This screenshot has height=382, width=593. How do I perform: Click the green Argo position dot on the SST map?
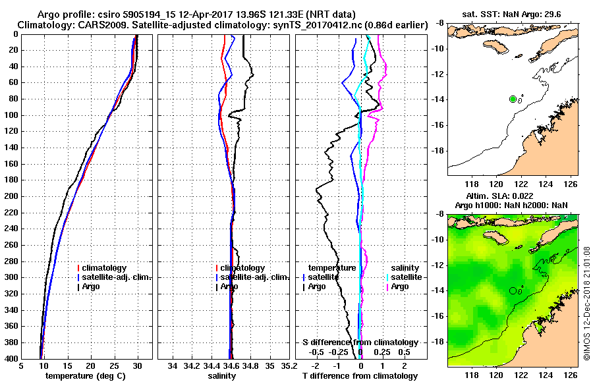click(x=513, y=99)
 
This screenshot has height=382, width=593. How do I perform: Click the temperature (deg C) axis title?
click(x=85, y=375)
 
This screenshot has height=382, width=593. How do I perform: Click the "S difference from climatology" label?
click(x=360, y=342)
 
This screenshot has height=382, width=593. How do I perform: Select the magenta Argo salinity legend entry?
click(x=399, y=286)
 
